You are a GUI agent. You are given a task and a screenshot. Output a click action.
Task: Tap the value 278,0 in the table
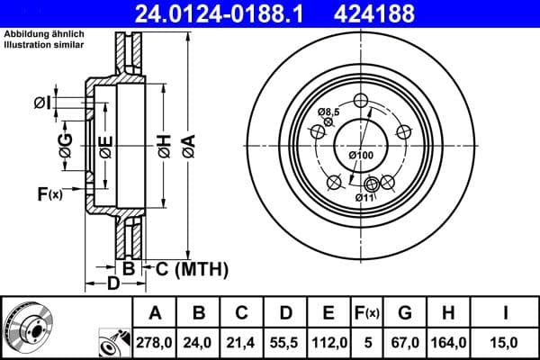coord(155,341)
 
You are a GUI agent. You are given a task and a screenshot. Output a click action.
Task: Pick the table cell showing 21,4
coord(241,341)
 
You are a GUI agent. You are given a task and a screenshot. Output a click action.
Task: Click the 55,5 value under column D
coord(284,341)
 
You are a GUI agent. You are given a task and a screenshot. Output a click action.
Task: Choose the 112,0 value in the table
coord(328,341)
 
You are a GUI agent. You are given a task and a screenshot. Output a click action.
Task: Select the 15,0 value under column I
coord(506,341)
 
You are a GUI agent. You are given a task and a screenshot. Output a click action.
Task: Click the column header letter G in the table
coord(406,313)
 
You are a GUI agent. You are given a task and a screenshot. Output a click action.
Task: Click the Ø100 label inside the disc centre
coord(361,157)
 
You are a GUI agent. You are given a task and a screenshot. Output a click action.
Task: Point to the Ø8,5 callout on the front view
coord(328,112)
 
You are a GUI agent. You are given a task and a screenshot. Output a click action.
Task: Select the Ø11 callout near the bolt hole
coord(364,197)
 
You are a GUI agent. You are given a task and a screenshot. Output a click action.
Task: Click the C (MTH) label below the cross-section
coord(192,268)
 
